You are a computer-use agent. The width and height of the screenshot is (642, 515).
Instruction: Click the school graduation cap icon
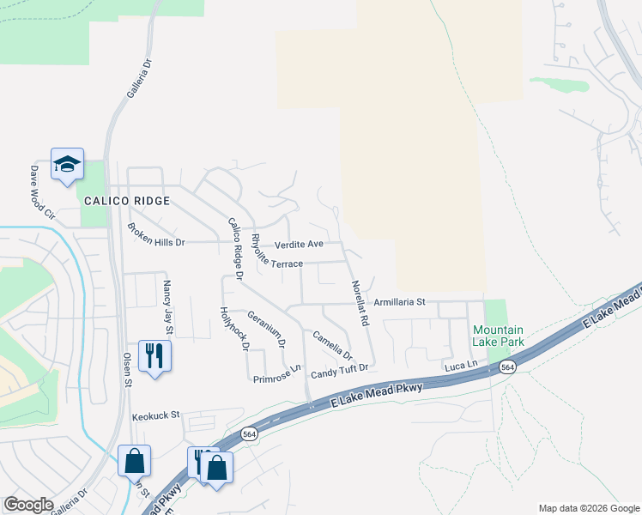67,164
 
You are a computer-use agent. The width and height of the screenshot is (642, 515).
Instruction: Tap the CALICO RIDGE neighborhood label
126,201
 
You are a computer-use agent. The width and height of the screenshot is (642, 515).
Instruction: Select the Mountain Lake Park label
499,336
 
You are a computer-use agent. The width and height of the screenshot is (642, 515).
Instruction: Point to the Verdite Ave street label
298,245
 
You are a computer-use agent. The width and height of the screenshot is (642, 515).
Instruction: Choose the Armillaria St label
400,302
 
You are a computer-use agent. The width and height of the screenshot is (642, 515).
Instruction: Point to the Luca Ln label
461,366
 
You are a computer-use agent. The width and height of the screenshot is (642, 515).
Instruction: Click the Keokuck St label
155,415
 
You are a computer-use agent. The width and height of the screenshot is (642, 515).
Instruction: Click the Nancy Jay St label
168,306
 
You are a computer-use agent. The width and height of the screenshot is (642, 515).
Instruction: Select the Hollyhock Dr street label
233,329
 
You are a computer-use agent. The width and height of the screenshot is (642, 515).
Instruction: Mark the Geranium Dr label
266,330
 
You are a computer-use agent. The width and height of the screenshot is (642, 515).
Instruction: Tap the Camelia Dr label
332,345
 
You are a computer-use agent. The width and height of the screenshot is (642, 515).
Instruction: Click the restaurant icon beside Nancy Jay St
154,355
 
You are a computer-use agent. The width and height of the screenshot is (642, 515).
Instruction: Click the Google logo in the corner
28,505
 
